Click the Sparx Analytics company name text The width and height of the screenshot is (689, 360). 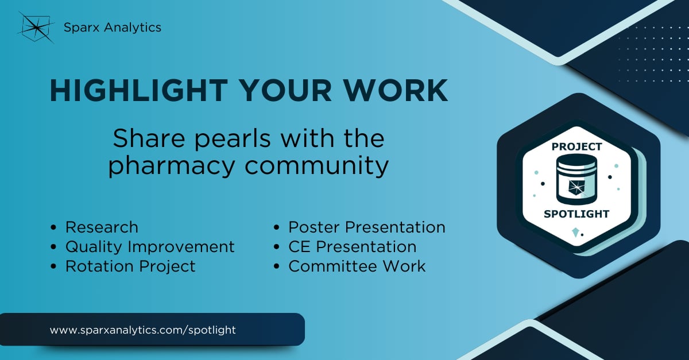click(x=113, y=27)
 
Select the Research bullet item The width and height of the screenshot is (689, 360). click(x=102, y=227)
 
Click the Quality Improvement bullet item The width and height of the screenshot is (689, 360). click(x=150, y=246)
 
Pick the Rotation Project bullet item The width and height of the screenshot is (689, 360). click(x=130, y=266)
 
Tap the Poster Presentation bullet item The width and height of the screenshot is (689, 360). click(x=366, y=227)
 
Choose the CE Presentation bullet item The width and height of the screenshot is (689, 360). click(x=352, y=246)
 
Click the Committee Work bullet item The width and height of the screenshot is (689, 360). click(x=357, y=266)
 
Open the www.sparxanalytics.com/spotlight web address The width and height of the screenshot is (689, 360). click(x=143, y=330)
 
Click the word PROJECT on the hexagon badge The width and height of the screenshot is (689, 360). click(x=576, y=146)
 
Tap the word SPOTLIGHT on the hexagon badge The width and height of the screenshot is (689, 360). click(x=576, y=214)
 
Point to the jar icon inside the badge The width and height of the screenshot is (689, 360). click(x=576, y=180)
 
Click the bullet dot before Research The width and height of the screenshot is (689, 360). click(x=54, y=227)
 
